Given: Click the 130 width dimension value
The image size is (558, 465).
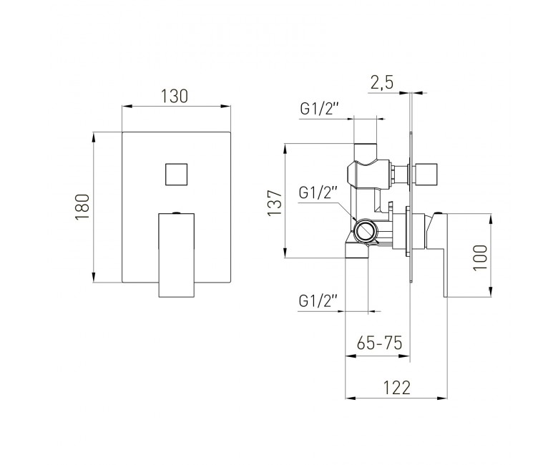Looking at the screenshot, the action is [x=174, y=96].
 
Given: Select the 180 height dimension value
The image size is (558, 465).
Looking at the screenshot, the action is [x=82, y=207].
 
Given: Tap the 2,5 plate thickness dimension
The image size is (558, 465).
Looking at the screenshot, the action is [x=382, y=83].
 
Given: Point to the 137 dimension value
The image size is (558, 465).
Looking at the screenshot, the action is [x=275, y=202].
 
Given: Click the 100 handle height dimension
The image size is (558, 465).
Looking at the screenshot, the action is [x=481, y=257].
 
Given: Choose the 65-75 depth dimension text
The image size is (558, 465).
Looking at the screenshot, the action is [x=379, y=343].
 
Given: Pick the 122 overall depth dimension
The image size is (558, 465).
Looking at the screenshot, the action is [x=397, y=388].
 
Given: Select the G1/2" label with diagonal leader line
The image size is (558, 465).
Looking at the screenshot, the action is [x=318, y=193].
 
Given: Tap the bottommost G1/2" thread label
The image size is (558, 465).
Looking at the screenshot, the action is [x=318, y=301].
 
